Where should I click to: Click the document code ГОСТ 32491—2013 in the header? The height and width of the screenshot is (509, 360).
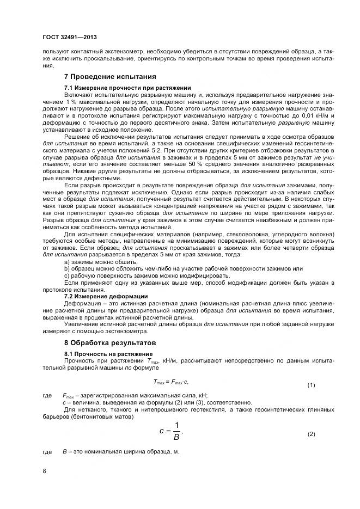[x=66, y=36]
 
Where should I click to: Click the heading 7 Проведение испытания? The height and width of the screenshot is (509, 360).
[x=111, y=76]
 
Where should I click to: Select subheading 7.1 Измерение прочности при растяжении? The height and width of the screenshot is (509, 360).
[x=127, y=88]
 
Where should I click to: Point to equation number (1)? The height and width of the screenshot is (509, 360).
[x=311, y=385]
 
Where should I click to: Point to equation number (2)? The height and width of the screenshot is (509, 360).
[x=311, y=434]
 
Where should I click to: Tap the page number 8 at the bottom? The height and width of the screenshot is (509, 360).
[x=44, y=470]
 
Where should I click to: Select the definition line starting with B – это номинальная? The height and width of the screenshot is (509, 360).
[x=121, y=452]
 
